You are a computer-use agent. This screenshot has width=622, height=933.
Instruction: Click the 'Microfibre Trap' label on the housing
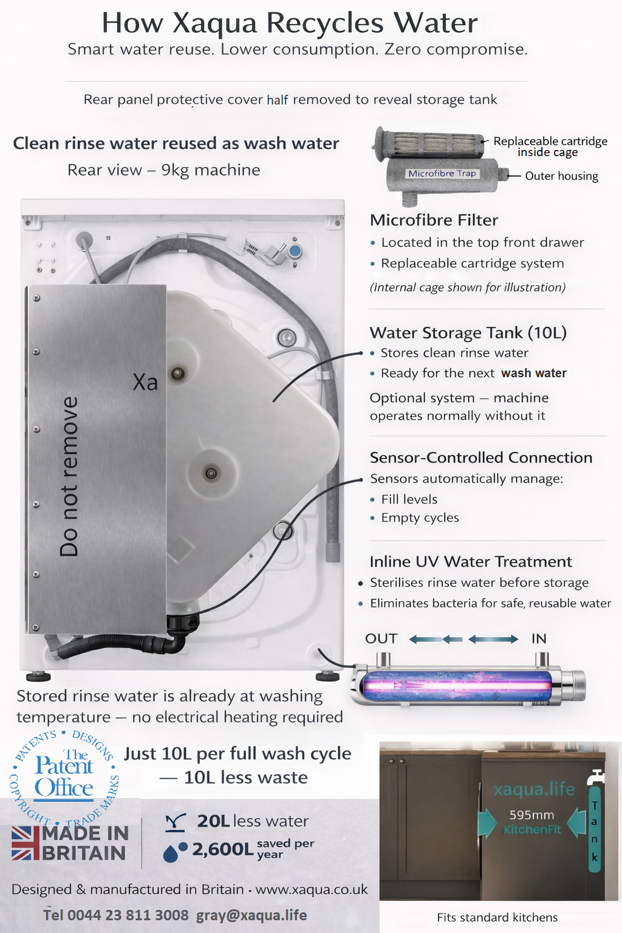pos(442,173)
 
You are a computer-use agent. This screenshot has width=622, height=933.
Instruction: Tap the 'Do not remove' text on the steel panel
pos(69,476)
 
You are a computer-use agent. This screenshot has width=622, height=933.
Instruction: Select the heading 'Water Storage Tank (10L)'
pos(468,333)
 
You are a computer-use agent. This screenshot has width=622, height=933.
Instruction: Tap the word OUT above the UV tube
pos(381,638)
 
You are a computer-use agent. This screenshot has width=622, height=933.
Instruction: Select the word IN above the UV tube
pos(539,638)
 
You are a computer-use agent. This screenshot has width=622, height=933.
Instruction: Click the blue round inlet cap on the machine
pos(295,251)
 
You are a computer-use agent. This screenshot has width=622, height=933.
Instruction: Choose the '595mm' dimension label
pos(531,815)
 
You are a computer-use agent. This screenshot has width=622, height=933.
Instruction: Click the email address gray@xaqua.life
pos(251,915)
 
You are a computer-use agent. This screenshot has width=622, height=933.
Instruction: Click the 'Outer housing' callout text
pos(562,176)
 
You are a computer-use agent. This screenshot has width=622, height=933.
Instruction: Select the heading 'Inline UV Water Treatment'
pos(471,562)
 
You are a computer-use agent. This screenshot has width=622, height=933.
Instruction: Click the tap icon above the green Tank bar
pos(595,777)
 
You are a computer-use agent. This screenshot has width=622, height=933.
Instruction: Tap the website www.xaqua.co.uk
pos(312,889)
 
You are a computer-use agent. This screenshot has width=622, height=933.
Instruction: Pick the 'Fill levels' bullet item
pos(409,499)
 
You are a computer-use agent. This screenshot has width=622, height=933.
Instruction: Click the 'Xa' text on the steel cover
pos(145,382)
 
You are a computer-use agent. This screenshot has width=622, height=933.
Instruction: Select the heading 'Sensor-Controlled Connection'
pos(481,458)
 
